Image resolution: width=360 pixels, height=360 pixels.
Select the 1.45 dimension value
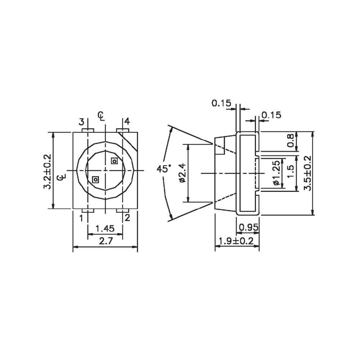tap(105, 228)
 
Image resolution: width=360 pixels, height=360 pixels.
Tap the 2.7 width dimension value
tap(105, 242)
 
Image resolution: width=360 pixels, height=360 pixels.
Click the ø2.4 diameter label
tap(182, 173)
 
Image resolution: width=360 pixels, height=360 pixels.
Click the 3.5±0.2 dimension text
tap(307, 173)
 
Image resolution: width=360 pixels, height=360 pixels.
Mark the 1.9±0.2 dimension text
tap(237, 241)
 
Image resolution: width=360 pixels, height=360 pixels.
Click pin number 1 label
tap(81, 217)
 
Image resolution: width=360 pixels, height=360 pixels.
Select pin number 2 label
tap(127, 217)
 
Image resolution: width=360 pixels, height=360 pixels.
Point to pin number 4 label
tap(127, 121)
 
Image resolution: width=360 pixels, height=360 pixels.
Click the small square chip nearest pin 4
tap(114, 161)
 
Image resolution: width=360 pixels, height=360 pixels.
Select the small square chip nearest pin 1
tap(95, 179)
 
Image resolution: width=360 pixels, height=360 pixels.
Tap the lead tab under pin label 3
tap(88, 130)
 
